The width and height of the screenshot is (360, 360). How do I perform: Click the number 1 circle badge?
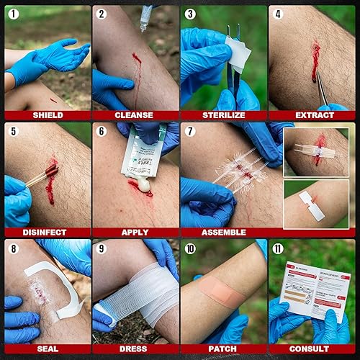[13, 14]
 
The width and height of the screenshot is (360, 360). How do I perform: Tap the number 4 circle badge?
[277, 14]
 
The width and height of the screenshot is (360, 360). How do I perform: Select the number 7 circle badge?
[189, 130]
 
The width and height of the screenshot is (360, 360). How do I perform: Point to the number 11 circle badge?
[277, 248]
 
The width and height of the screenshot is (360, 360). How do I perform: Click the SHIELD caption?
[48, 115]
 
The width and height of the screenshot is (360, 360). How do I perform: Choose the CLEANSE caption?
[135, 115]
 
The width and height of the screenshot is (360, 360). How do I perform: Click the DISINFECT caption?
[48, 232]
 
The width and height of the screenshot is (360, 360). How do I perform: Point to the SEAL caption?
[48, 349]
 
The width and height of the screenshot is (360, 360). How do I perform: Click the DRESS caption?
[135, 349]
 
